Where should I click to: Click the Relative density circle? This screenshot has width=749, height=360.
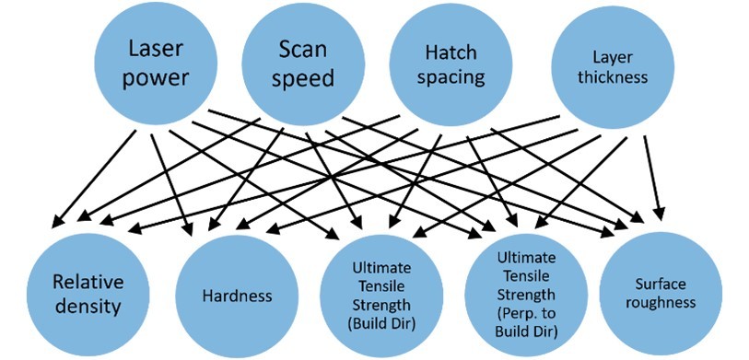pos(87,293)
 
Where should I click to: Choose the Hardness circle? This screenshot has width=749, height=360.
pos(236,296)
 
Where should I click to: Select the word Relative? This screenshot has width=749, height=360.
pos(87,281)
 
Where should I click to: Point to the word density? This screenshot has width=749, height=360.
pos(87,306)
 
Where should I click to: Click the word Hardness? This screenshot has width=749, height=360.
pos(236,296)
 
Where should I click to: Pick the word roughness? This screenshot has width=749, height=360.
pos(659,303)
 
